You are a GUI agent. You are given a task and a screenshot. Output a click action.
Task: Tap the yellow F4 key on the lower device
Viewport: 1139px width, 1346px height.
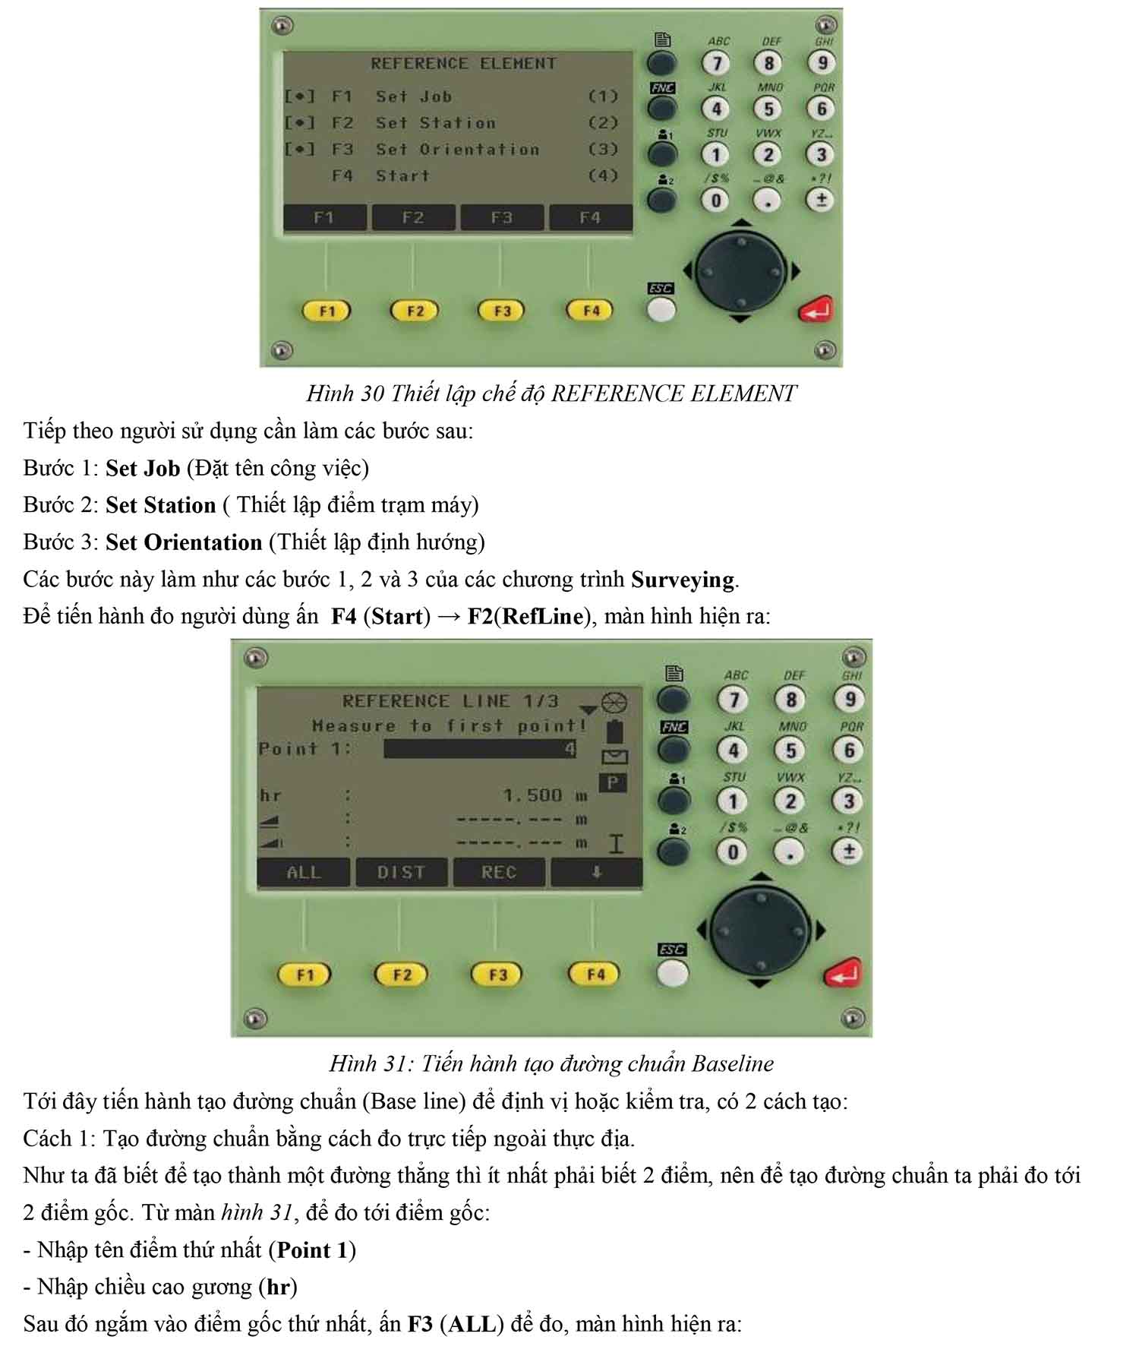click(595, 975)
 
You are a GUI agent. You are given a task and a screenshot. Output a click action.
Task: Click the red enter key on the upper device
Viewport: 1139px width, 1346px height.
click(816, 309)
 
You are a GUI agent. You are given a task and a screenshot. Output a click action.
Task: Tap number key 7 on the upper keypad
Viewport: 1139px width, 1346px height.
click(717, 63)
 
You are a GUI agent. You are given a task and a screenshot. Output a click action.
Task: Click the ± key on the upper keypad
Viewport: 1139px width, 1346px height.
click(821, 200)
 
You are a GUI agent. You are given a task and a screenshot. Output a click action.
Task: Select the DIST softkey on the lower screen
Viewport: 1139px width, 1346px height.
click(402, 873)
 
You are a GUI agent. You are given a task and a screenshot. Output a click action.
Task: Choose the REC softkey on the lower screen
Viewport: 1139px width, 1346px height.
click(499, 873)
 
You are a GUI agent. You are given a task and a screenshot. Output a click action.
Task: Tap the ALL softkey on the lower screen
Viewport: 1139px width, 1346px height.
click(304, 873)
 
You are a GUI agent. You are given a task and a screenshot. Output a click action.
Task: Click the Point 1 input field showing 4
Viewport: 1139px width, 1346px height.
click(481, 749)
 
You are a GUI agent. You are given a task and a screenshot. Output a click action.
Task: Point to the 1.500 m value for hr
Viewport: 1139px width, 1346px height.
click(545, 795)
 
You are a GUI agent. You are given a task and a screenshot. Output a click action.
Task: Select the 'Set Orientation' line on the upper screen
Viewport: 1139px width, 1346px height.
click(457, 150)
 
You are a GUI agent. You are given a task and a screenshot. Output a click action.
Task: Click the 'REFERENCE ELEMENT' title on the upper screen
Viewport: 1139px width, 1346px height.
click(463, 64)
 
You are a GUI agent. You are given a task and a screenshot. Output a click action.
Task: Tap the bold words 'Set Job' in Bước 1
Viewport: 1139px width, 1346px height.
click(143, 469)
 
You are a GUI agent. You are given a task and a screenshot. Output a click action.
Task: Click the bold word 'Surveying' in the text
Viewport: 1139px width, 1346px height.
click(683, 580)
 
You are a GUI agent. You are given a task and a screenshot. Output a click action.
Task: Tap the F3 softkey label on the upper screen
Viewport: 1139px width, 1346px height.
click(502, 218)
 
